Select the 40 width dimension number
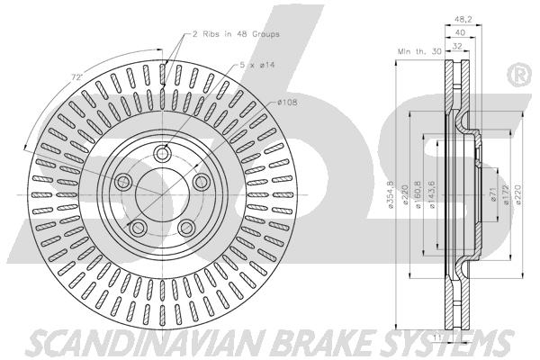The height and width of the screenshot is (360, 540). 461,32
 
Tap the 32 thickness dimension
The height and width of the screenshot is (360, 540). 457,46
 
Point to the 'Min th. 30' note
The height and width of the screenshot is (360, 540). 419,51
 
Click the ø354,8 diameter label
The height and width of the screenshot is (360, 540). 391,194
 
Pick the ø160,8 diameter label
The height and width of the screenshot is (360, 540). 418,194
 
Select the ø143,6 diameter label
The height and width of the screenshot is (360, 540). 431,194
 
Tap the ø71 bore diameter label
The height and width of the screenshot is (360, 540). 493,195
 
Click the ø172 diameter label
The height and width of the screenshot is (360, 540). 506,195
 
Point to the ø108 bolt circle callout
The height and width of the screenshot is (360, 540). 287,103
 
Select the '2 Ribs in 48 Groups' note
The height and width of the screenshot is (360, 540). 236,34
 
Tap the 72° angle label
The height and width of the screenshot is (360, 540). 77,77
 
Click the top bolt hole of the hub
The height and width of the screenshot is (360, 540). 162,153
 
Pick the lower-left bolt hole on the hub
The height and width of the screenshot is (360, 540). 138,226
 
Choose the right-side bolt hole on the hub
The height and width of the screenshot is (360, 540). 201,182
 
